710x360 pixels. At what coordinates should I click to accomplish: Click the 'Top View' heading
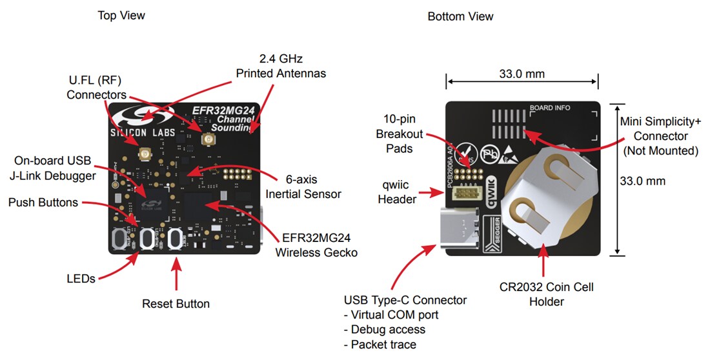tap(121, 15)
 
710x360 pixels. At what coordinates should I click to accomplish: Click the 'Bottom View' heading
tap(460, 16)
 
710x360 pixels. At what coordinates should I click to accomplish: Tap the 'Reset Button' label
tap(176, 303)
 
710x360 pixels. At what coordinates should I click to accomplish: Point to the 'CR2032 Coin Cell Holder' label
tap(546, 294)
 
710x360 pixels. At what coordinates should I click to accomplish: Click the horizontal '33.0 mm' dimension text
tap(522, 74)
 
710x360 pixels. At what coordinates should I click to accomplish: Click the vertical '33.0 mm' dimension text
tap(642, 181)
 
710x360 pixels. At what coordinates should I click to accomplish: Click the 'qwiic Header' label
tap(397, 193)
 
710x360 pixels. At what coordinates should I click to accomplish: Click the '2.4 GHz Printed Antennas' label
tap(281, 66)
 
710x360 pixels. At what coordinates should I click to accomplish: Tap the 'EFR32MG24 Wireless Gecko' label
tap(316, 245)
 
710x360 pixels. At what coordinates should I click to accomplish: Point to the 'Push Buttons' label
tap(43, 203)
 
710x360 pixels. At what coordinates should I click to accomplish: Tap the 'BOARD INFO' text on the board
tap(550, 108)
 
